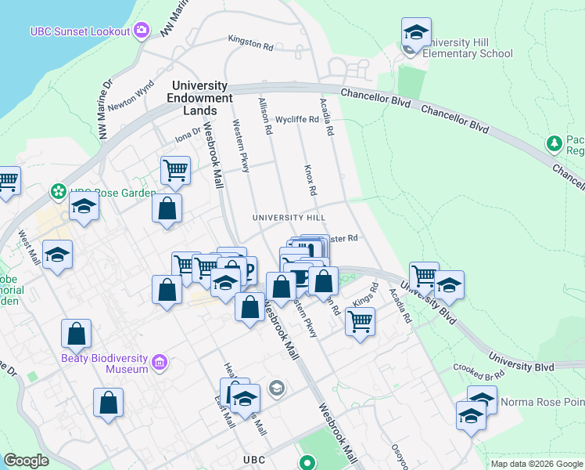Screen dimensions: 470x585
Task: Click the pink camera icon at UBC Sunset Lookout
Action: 142,31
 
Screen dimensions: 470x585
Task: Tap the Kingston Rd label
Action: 250,38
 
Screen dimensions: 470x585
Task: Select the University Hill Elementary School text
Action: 468,48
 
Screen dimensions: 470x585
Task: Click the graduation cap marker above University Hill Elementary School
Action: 416,33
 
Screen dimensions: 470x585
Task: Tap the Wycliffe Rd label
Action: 297,120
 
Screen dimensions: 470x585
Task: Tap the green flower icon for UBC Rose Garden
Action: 58,191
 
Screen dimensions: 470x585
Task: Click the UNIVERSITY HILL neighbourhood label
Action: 288,217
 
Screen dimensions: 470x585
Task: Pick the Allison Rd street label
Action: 264,116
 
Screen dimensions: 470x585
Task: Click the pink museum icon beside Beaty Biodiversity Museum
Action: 160,363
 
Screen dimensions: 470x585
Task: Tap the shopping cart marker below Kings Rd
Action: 360,320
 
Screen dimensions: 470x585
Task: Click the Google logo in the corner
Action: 26,461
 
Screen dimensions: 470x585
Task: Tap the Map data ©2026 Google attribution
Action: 537,464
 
